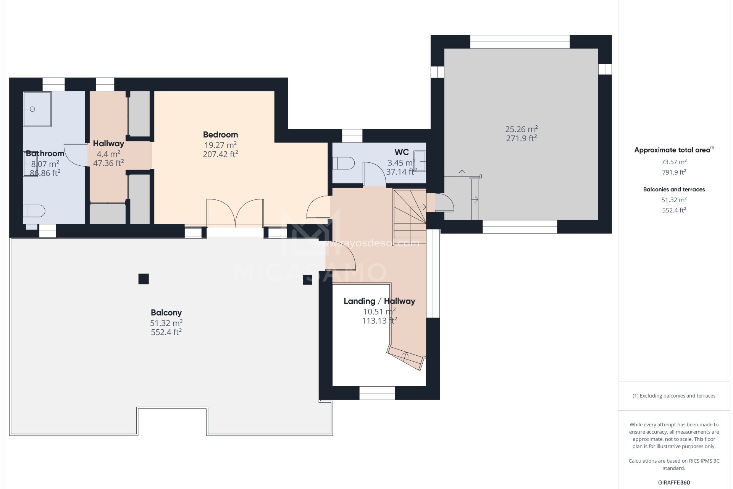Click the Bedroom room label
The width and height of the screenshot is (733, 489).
click(x=220, y=134)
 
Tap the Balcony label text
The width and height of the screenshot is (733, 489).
click(x=166, y=313)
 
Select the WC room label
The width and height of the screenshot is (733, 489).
click(x=402, y=152)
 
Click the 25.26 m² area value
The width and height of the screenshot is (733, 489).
click(x=521, y=129)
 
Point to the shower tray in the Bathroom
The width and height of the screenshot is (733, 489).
click(x=37, y=109)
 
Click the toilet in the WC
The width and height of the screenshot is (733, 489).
click(x=343, y=163)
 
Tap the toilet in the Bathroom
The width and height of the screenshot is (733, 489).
click(x=34, y=211)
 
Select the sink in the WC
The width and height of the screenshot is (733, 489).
click(x=420, y=162)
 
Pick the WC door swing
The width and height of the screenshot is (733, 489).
click(x=374, y=174)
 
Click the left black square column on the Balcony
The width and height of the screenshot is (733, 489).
click(x=144, y=279)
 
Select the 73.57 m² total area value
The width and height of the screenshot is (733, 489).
click(x=674, y=162)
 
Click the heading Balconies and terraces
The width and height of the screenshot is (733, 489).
click(x=674, y=189)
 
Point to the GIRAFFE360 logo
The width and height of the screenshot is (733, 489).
click(x=674, y=483)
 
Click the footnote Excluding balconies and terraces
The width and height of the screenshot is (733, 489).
click(x=674, y=396)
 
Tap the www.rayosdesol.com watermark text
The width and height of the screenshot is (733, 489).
click(x=366, y=243)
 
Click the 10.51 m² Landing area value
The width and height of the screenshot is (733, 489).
click(x=379, y=312)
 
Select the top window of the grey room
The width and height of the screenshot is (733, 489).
click(x=520, y=42)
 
